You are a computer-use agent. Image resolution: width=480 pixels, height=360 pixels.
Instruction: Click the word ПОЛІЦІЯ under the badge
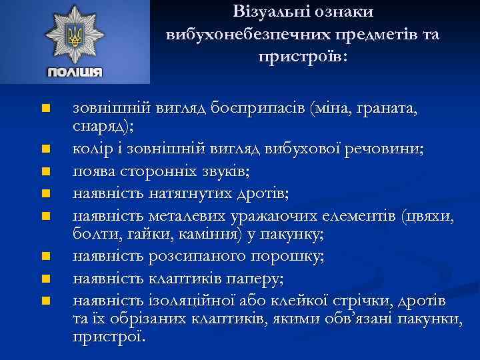click(75, 73)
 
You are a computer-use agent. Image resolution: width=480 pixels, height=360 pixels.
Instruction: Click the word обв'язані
click(358, 319)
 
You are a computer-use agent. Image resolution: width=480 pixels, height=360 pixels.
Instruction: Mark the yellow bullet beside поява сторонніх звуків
click(45, 171)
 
